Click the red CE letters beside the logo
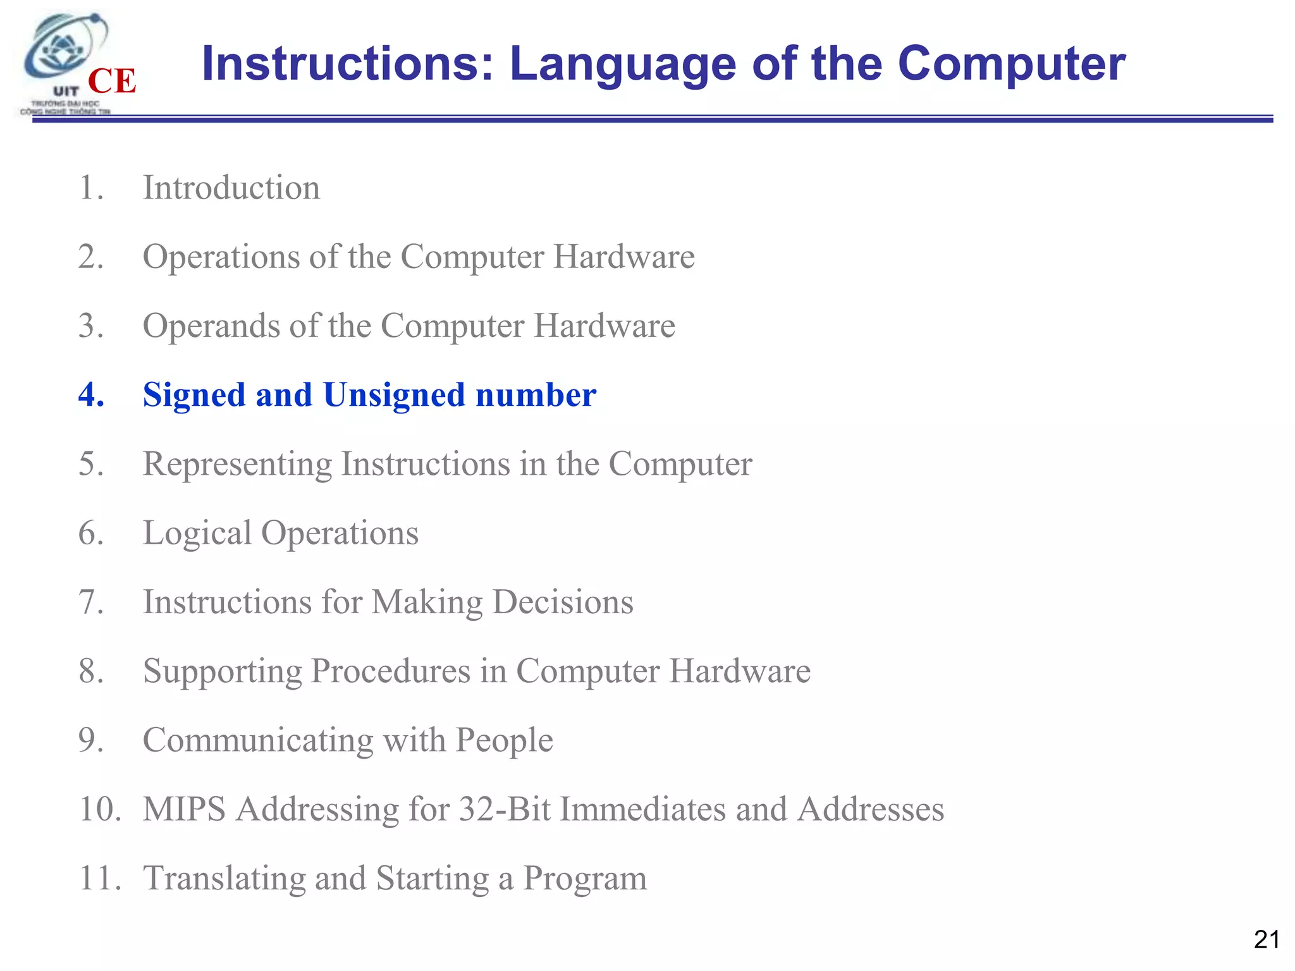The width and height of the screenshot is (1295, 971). pyautogui.click(x=112, y=82)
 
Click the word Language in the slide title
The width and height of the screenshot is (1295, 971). pyautogui.click(x=623, y=64)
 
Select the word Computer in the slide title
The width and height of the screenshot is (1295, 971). pyautogui.click(x=1011, y=64)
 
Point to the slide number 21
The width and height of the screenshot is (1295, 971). pyautogui.click(x=1267, y=940)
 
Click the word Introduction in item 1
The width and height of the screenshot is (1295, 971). pyautogui.click(x=231, y=188)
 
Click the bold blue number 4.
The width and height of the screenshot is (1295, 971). pyautogui.click(x=90, y=394)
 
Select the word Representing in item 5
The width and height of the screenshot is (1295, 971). pyautogui.click(x=237, y=465)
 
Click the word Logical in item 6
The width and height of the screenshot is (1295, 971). pyautogui.click(x=197, y=534)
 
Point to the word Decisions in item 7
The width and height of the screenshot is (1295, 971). pyautogui.click(x=562, y=602)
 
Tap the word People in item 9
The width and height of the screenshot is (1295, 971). pyautogui.click(x=504, y=740)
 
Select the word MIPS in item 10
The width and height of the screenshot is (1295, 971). pyautogui.click(x=184, y=809)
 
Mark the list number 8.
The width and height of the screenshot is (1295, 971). pyautogui.click(x=91, y=671)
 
